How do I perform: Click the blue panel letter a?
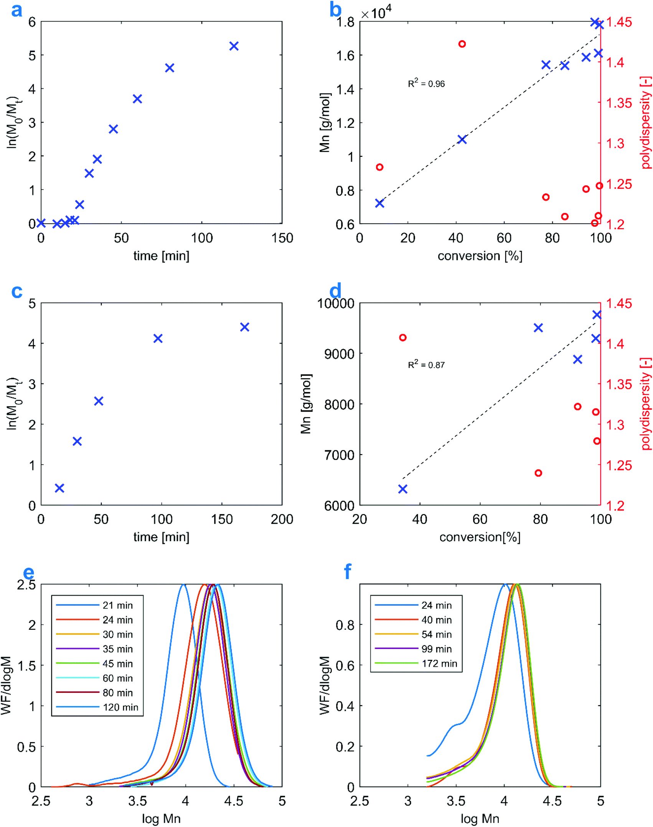16,10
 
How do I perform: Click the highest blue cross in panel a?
234,46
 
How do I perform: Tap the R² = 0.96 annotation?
426,83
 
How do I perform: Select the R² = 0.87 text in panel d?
426,364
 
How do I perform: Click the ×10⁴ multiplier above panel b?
376,13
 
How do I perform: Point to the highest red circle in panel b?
462,44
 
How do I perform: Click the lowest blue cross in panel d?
402,489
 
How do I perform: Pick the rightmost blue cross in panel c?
244,327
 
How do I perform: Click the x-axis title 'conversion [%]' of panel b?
480,256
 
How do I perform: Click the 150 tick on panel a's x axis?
282,238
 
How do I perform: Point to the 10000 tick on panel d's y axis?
335,304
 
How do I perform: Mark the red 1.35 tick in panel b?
618,103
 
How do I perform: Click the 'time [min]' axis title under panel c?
161,537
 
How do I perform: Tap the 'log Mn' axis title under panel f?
480,819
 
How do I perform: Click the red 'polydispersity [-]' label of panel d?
646,404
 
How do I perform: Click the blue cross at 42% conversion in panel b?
462,140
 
